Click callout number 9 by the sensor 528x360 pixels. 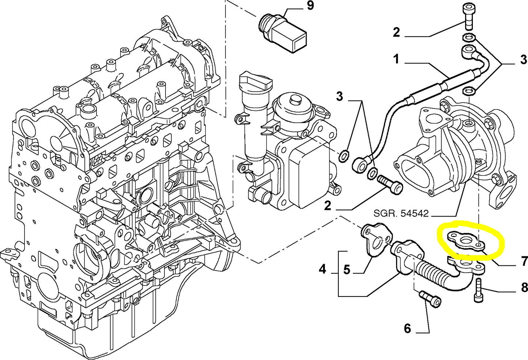310,6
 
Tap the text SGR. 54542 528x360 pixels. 401,213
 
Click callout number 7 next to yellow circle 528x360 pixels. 524,261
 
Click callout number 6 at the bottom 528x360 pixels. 407,328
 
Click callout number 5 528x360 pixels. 346,270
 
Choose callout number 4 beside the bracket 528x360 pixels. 322,269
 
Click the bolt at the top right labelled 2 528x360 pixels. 468,16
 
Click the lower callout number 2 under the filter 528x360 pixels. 327,206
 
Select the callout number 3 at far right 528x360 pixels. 524,60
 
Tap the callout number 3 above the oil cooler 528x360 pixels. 340,96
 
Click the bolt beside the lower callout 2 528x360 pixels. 391,184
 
